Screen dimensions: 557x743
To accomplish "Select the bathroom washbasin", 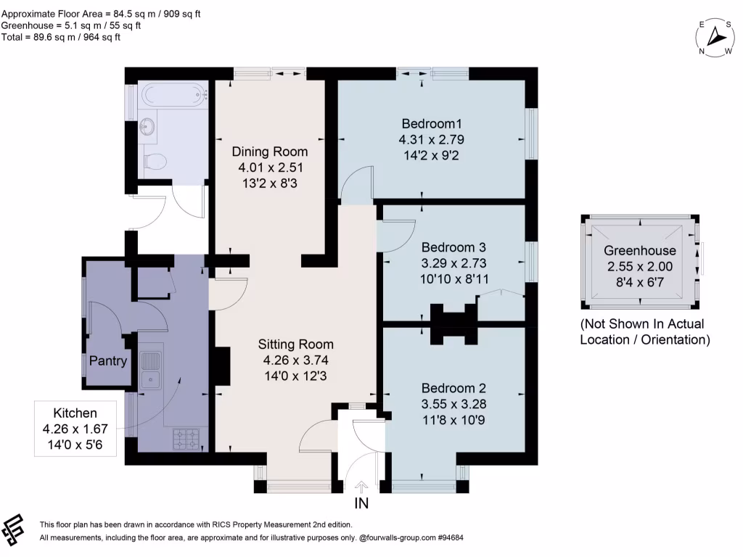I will [x=149, y=127].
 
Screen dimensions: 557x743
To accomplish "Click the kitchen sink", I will [x=151, y=369].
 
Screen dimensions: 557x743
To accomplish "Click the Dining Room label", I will [x=269, y=152].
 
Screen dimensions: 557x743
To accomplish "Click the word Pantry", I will [x=108, y=360].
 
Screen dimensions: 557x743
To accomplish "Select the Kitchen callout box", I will [x=74, y=429].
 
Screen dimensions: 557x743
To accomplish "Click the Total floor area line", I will [x=61, y=37].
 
